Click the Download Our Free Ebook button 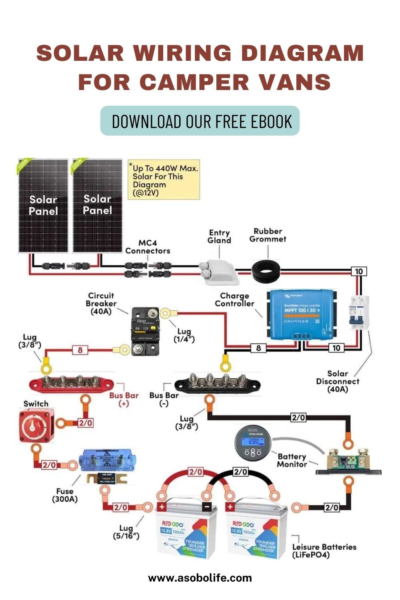(x=200, y=121)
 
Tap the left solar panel (x=43, y=206)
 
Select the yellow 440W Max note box (x=164, y=180)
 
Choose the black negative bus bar (x=218, y=383)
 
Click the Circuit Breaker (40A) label (x=101, y=303)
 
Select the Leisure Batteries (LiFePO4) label (x=324, y=550)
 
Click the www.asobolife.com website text (x=200, y=578)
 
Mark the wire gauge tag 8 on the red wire (x=80, y=350)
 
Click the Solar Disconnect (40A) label (x=338, y=381)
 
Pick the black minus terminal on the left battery (x=207, y=506)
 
